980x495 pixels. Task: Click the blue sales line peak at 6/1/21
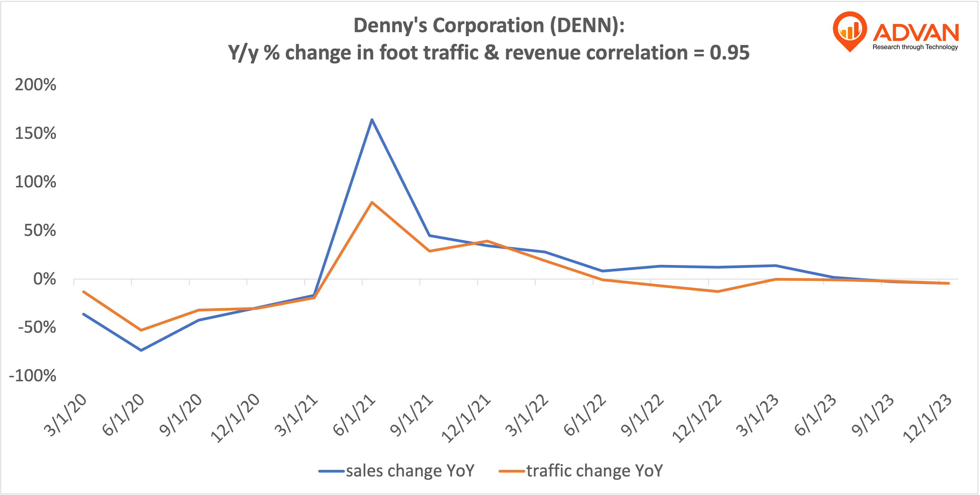point(372,120)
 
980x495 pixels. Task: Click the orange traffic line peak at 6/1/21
point(372,202)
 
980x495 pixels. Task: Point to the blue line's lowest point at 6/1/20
point(141,350)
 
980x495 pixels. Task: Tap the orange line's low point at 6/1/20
point(141,330)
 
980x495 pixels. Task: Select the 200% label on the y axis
point(35,85)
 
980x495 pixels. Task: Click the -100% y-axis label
point(33,376)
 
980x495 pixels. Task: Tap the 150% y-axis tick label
point(35,133)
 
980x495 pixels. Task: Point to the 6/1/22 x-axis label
point(585,415)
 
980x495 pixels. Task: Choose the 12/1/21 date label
point(466,419)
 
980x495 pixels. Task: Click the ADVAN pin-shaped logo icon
point(850,31)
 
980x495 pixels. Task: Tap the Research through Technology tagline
point(915,47)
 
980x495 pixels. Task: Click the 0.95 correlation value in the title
point(729,53)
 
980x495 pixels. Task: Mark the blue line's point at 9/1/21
point(430,236)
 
